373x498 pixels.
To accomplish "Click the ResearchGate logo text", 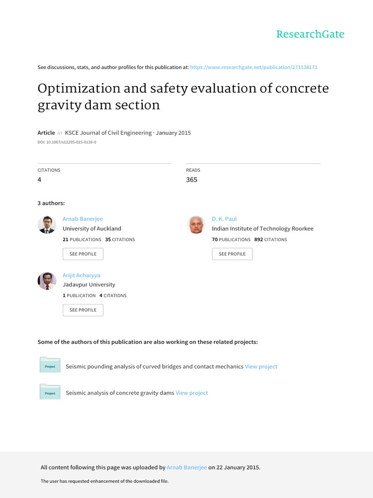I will (x=310, y=34).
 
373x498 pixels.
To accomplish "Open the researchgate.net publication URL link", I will (x=254, y=67).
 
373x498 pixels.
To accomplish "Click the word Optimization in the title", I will (x=79, y=89).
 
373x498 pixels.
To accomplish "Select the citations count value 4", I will (x=40, y=179).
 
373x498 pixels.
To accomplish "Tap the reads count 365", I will (x=192, y=179).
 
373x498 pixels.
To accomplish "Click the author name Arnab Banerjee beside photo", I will (x=83, y=219).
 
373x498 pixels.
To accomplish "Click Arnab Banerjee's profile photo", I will (x=47, y=225).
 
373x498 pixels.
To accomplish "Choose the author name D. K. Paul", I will (x=224, y=219).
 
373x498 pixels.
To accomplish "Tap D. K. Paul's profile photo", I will (x=196, y=225).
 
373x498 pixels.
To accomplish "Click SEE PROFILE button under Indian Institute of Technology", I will (x=232, y=254).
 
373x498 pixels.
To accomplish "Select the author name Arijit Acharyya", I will (x=82, y=275).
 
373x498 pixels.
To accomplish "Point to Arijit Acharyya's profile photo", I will (x=47, y=281).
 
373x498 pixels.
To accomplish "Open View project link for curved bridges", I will (x=261, y=367).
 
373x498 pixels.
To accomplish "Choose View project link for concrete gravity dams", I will (x=191, y=393).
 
